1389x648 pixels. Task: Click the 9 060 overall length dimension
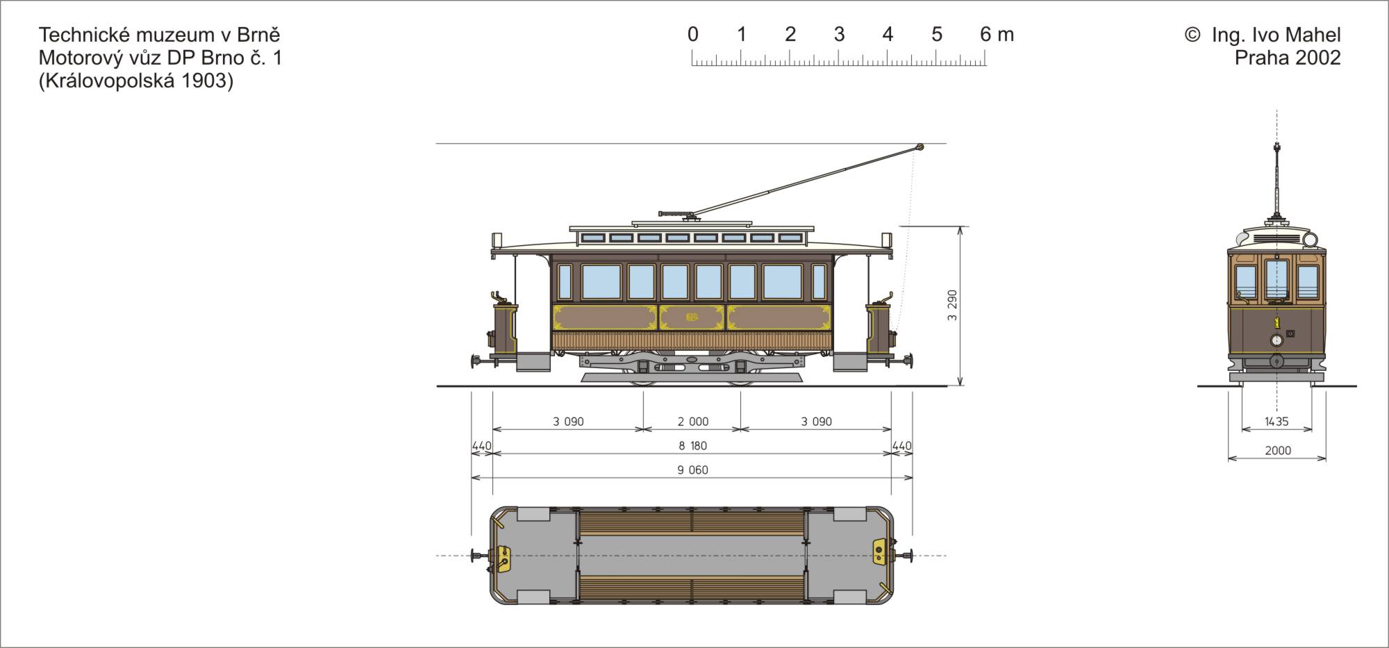692,470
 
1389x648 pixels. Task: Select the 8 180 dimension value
692,446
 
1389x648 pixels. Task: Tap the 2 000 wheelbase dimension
693,422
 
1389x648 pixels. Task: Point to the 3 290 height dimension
952,305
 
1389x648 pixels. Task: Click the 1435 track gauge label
1276,422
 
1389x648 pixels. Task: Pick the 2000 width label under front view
1278,451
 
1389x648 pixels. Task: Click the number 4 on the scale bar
888,34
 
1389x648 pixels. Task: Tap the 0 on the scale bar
692,34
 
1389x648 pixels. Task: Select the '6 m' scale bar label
997,34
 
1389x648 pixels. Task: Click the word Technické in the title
85,35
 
